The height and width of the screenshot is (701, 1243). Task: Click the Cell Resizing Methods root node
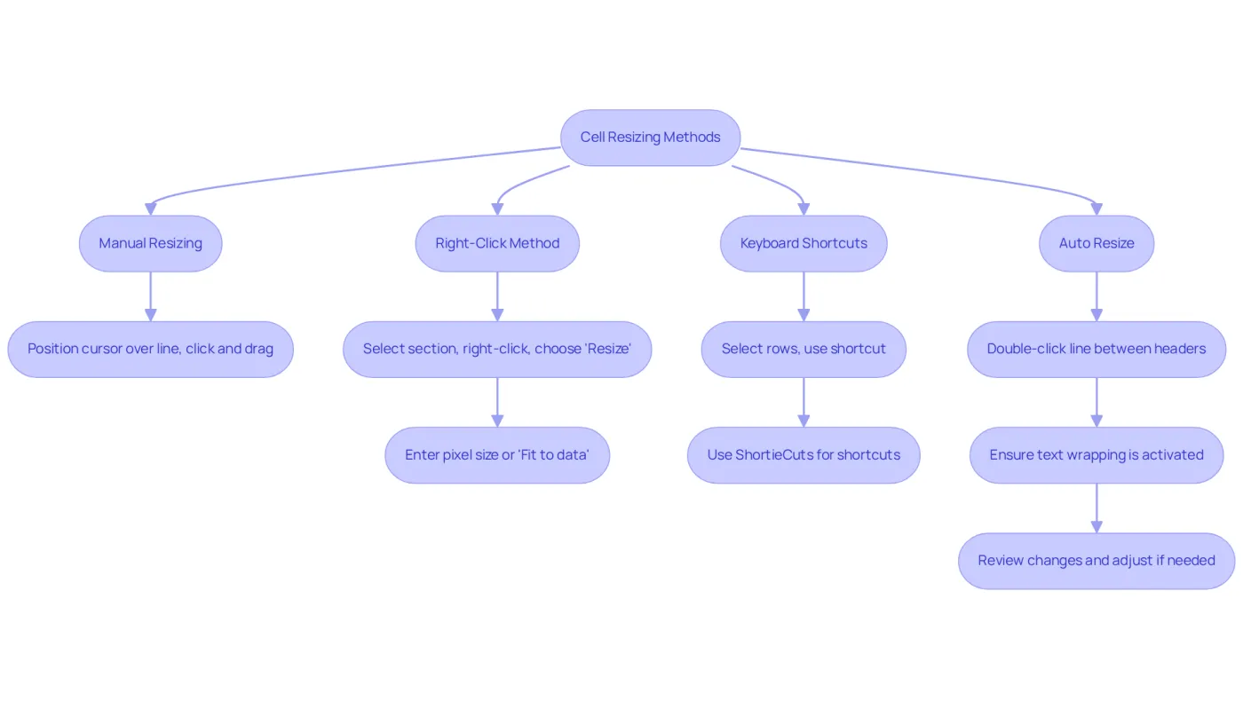coord(650,138)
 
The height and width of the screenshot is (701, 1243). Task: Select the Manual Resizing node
coord(150,243)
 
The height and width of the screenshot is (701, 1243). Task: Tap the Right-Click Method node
coord(497,243)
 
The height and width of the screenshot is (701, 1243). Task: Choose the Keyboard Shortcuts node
coord(804,243)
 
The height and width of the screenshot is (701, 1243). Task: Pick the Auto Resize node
coord(1097,243)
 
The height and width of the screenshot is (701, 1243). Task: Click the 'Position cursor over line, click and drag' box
coord(150,350)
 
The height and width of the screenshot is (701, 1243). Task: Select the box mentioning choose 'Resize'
coord(497,350)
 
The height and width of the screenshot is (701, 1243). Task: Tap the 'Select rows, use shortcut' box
coord(804,350)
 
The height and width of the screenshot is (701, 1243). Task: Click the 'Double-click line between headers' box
coord(1097,350)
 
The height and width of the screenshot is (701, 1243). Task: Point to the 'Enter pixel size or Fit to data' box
coord(497,455)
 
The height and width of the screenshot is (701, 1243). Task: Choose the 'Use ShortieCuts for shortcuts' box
coord(804,455)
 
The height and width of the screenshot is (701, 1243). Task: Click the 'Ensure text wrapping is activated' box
coord(1097,455)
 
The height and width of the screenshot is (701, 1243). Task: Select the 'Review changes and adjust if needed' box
coord(1097,561)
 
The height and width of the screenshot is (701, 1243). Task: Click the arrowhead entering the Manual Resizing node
coord(150,209)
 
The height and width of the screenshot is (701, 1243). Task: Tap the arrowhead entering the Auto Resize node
coord(1097,209)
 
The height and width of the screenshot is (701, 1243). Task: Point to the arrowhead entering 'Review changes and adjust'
coord(1097,527)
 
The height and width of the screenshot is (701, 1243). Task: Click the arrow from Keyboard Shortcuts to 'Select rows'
coord(804,296)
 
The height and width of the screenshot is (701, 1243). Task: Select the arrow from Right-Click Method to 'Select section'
coord(497,296)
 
